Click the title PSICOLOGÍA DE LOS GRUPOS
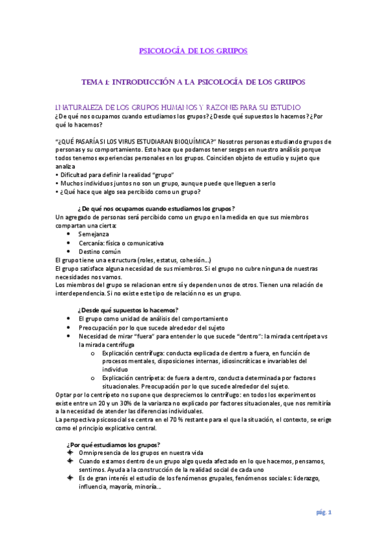[x=193, y=51]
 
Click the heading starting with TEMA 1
[x=193, y=83]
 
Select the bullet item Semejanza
[x=94, y=234]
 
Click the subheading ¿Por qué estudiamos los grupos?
[x=114, y=444]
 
